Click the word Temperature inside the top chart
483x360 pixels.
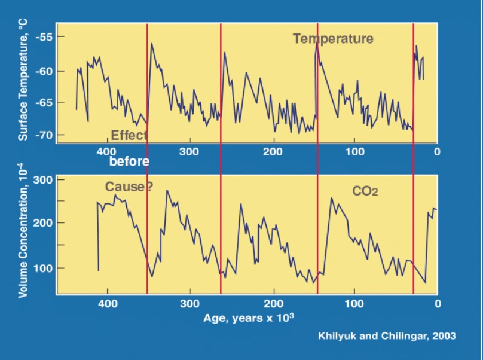pyautogui.click(x=333, y=39)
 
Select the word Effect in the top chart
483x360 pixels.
pyautogui.click(x=129, y=135)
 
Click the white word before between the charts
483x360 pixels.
pyautogui.click(x=129, y=161)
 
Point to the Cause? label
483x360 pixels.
pyautogui.click(x=129, y=187)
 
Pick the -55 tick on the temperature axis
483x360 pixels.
pyautogui.click(x=45, y=37)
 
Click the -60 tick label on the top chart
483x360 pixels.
pyautogui.click(x=45, y=71)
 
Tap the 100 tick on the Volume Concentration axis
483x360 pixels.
pyautogui.click(x=47, y=269)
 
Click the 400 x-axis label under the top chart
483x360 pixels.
pyautogui.click(x=107, y=151)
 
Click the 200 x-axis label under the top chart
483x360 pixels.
pyautogui.click(x=273, y=151)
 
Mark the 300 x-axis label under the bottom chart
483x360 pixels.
pyautogui.click(x=190, y=303)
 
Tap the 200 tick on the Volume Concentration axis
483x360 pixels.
pyautogui.click(x=47, y=223)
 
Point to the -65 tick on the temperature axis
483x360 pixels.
pyautogui.click(x=45, y=103)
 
